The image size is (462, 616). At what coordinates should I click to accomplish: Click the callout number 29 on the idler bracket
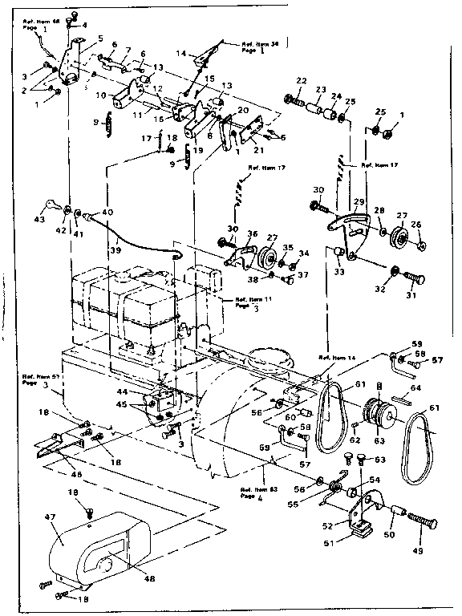(x=359, y=202)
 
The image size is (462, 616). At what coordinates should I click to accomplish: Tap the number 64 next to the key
(x=415, y=388)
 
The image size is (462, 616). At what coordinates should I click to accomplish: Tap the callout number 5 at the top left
(x=100, y=38)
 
